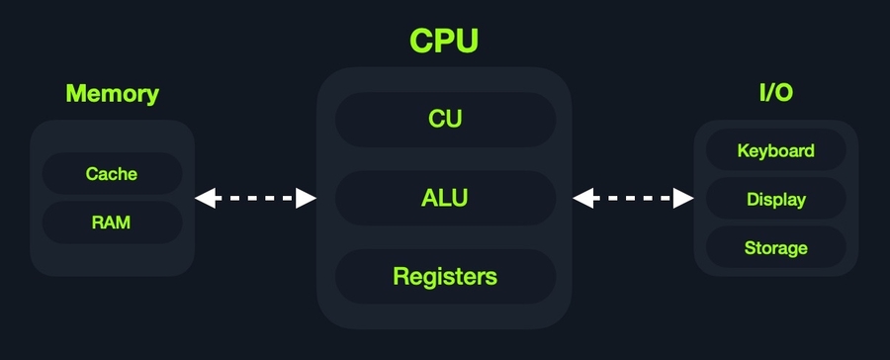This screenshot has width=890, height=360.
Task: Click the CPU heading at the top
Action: (445, 41)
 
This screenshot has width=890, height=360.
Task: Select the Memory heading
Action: (112, 94)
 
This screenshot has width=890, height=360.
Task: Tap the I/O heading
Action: (775, 94)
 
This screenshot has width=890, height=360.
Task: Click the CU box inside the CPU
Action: (445, 120)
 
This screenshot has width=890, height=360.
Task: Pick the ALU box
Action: (445, 198)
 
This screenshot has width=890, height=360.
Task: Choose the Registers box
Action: (445, 276)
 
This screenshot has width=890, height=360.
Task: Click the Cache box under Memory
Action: (112, 174)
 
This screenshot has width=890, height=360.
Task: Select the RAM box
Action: (112, 223)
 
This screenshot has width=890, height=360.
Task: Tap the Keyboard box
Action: (775, 151)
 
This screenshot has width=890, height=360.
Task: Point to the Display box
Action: (775, 199)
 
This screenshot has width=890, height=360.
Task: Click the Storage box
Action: (775, 247)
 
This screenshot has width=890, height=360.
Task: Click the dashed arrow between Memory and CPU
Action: (255, 199)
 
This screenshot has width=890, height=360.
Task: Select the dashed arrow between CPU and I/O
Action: (634, 199)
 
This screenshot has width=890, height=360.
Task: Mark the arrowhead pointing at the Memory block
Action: (205, 199)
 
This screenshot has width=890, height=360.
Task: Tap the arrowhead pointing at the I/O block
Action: (684, 199)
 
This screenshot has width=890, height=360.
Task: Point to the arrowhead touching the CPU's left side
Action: (307, 199)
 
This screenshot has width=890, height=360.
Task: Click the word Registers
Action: (445, 276)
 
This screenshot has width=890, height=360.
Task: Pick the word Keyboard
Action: (775, 151)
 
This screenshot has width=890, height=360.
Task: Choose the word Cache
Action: (112, 174)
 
